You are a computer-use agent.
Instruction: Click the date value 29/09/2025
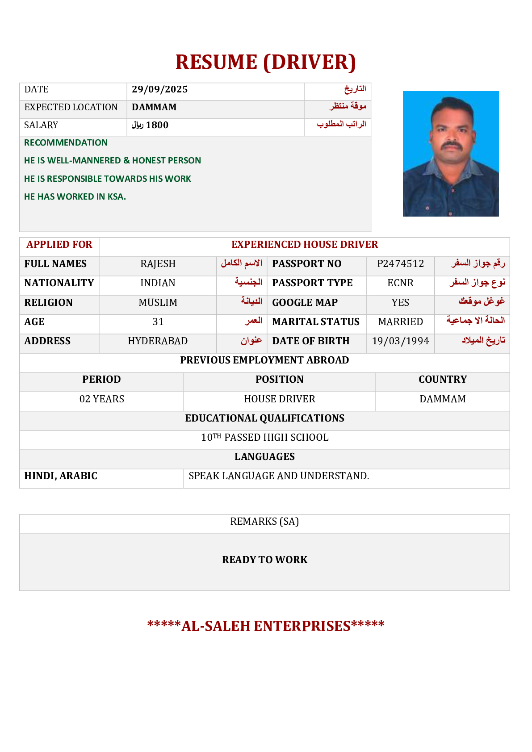click(x=159, y=89)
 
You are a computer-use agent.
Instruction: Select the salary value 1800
click(x=157, y=125)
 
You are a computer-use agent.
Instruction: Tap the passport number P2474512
click(x=400, y=263)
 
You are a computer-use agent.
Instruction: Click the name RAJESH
click(x=158, y=264)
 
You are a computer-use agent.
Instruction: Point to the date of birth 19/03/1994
click(x=400, y=341)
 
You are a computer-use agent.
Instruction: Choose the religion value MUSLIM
click(x=158, y=303)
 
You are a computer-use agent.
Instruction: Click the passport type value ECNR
click(x=400, y=283)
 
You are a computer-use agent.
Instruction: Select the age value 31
click(x=158, y=322)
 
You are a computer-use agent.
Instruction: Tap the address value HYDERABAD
click(x=158, y=341)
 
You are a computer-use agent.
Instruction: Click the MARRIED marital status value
click(x=400, y=322)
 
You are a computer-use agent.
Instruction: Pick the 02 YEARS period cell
click(x=101, y=399)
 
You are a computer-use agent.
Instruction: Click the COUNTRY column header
click(x=442, y=380)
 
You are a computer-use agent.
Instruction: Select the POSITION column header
click(x=279, y=380)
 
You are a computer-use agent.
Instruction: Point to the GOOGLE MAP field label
click(x=305, y=303)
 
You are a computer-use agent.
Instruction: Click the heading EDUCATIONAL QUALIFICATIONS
click(x=264, y=418)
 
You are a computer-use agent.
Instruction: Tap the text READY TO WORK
click(x=264, y=560)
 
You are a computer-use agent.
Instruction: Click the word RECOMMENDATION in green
click(x=66, y=143)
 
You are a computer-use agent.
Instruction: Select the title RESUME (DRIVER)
click(x=265, y=62)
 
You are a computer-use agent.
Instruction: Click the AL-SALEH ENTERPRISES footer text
click(x=266, y=626)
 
